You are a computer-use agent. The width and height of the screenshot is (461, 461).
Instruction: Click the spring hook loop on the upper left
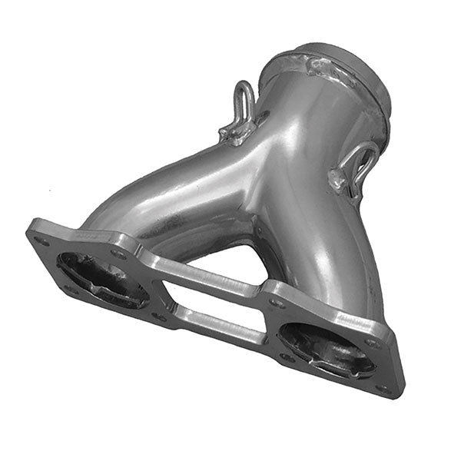click(x=245, y=101)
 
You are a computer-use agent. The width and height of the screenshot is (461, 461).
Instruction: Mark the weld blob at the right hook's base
click(x=338, y=181)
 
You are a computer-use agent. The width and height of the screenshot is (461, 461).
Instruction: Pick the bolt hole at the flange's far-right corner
click(x=384, y=388)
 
